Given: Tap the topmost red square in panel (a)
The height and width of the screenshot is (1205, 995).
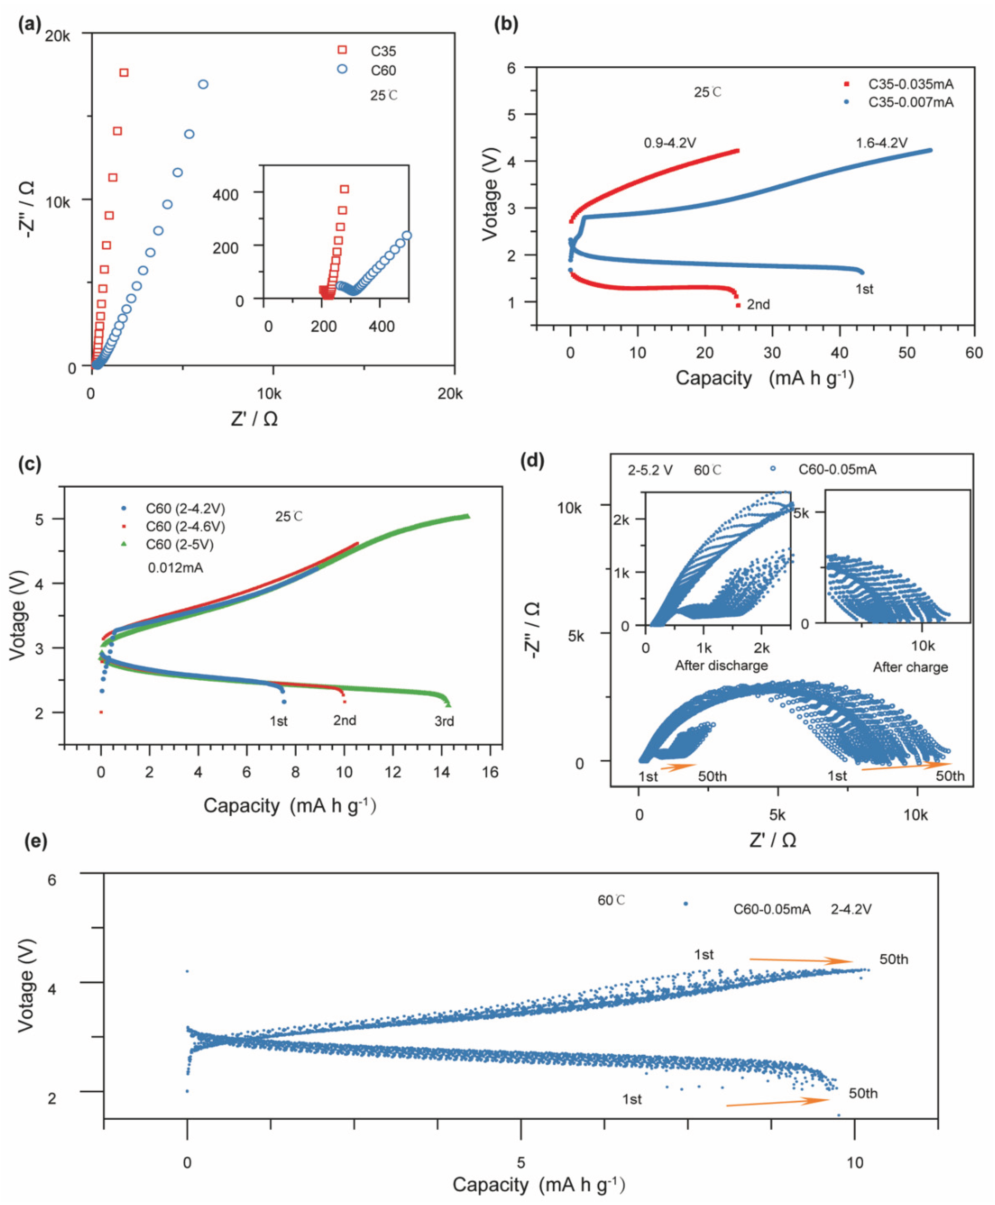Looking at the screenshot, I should point(124,73).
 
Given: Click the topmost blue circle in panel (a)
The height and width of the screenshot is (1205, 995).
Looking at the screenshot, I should point(203,84).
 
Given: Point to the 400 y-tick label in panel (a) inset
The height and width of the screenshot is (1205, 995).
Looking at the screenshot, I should point(225,195).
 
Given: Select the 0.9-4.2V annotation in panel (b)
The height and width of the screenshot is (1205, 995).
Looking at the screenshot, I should point(669,143).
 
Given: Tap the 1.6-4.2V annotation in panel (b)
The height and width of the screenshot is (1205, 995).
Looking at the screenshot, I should point(882,143).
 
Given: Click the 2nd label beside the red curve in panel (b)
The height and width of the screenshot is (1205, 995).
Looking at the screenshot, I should point(758,304).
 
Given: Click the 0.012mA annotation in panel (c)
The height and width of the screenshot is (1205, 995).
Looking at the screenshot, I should point(175,568).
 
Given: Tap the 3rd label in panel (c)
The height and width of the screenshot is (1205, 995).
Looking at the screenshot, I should point(444,721).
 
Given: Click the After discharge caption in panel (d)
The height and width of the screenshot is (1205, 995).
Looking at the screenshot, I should point(721,665).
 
